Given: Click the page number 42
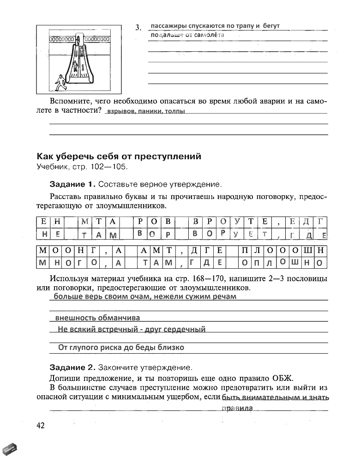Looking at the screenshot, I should (40, 425).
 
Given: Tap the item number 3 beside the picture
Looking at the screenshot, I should (138, 28).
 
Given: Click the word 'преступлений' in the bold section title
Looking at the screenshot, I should (170, 157).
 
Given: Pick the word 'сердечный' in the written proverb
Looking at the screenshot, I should (183, 329).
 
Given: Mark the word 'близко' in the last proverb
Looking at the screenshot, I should (169, 347).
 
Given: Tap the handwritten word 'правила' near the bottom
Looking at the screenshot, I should (237, 408).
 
